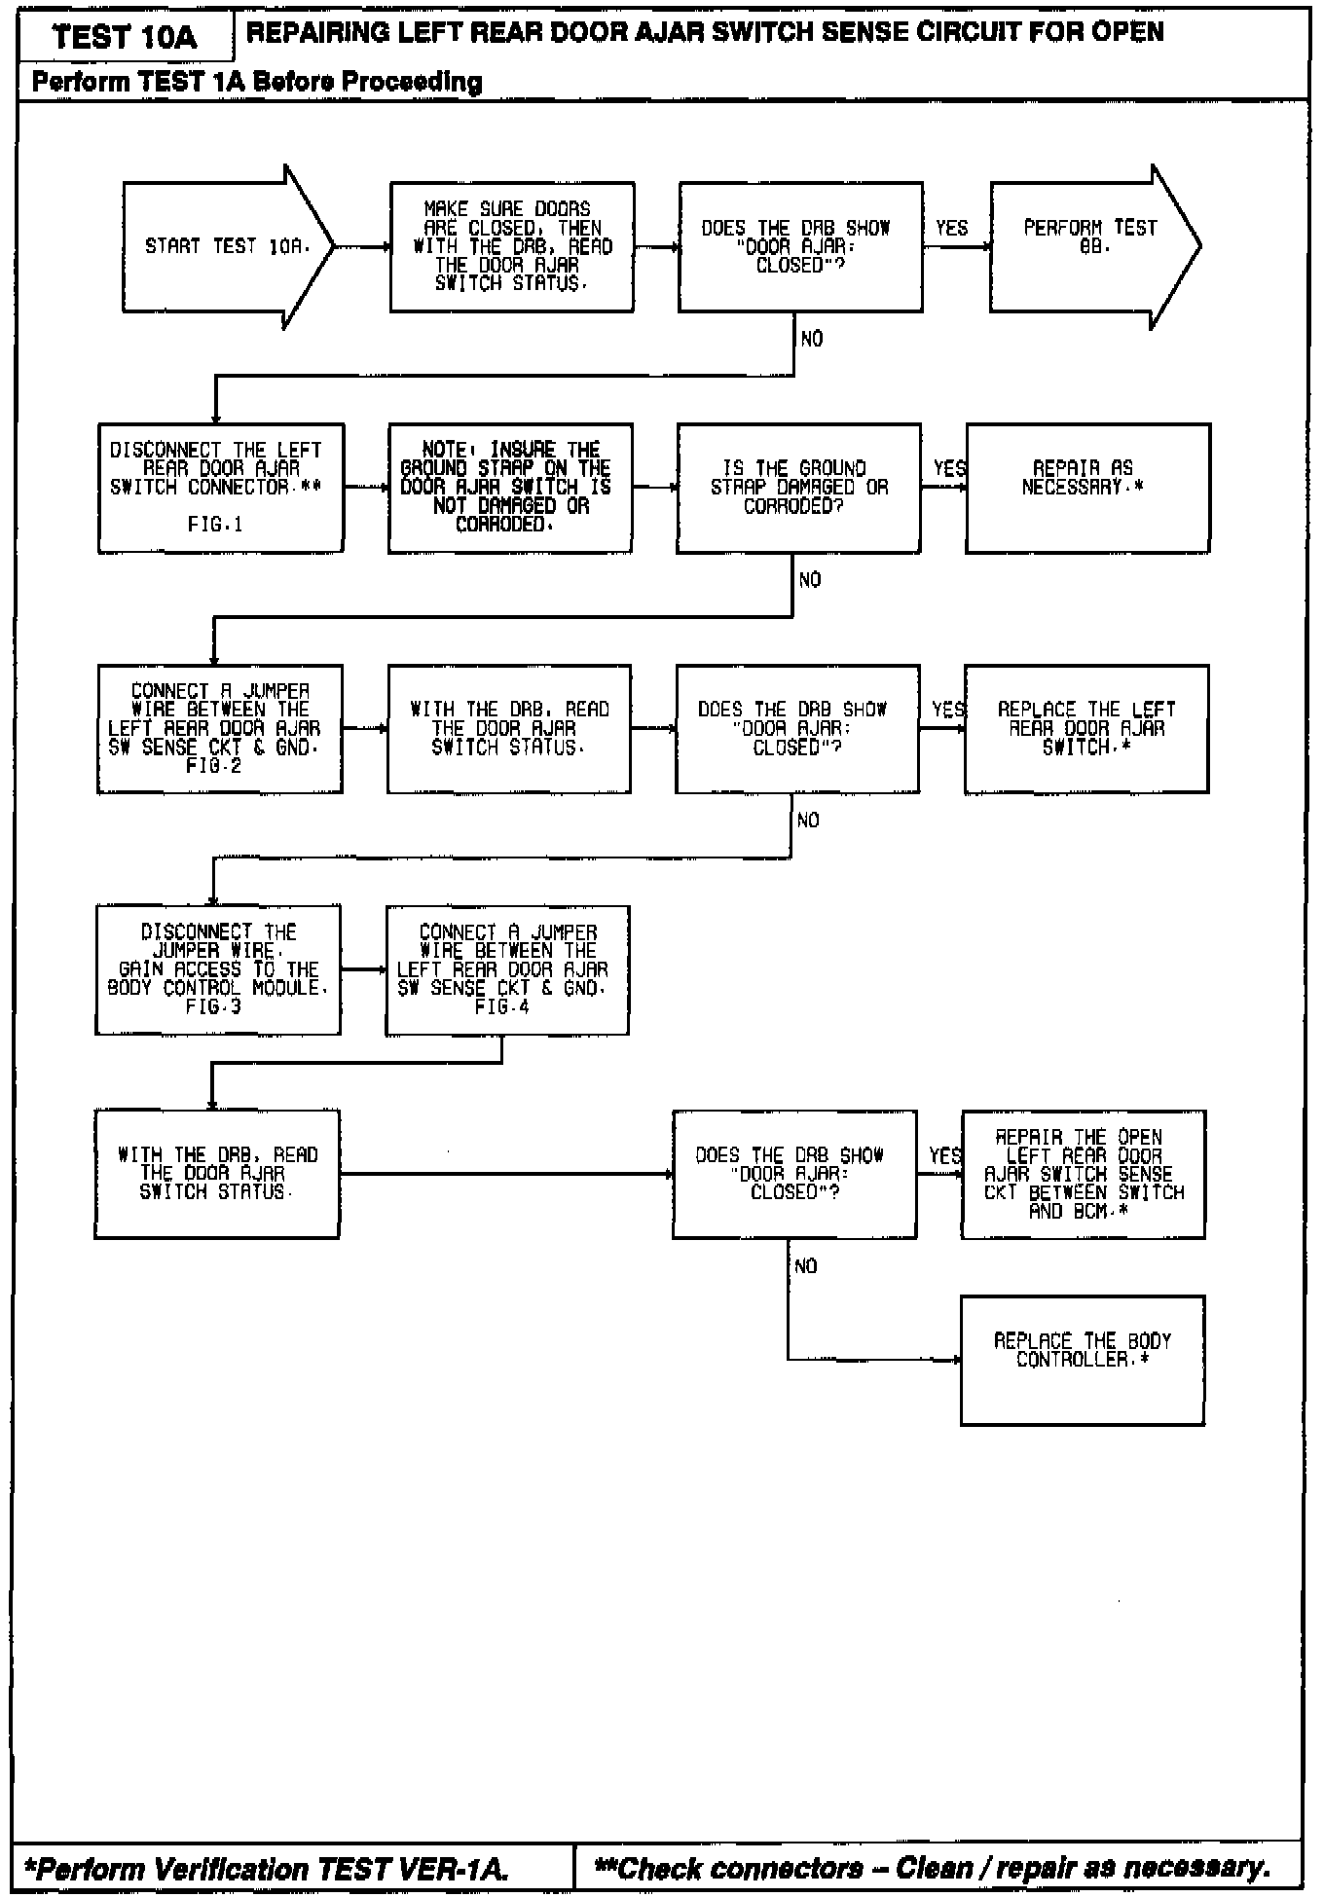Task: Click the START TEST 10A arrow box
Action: click(x=226, y=246)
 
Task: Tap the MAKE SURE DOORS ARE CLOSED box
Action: click(x=512, y=246)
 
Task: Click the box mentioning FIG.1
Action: click(x=220, y=488)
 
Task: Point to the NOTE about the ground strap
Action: click(x=509, y=488)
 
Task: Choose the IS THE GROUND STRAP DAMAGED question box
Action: click(x=798, y=488)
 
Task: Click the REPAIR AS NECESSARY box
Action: click(x=1087, y=488)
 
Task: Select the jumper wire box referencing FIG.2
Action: click(x=219, y=729)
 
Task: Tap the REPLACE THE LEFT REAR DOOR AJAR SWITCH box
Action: click(x=1086, y=729)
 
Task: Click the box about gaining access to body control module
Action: click(x=218, y=969)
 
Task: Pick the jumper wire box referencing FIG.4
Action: click(x=507, y=969)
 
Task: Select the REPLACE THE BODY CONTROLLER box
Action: click(x=1083, y=1360)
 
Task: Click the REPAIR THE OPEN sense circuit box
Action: click(x=1084, y=1174)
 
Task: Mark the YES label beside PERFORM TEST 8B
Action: click(x=952, y=228)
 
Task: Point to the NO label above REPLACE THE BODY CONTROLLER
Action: click(x=806, y=1266)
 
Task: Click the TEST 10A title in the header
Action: click(x=126, y=37)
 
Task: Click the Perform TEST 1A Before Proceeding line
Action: click(x=257, y=82)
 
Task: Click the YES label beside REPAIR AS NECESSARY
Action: click(x=949, y=468)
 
